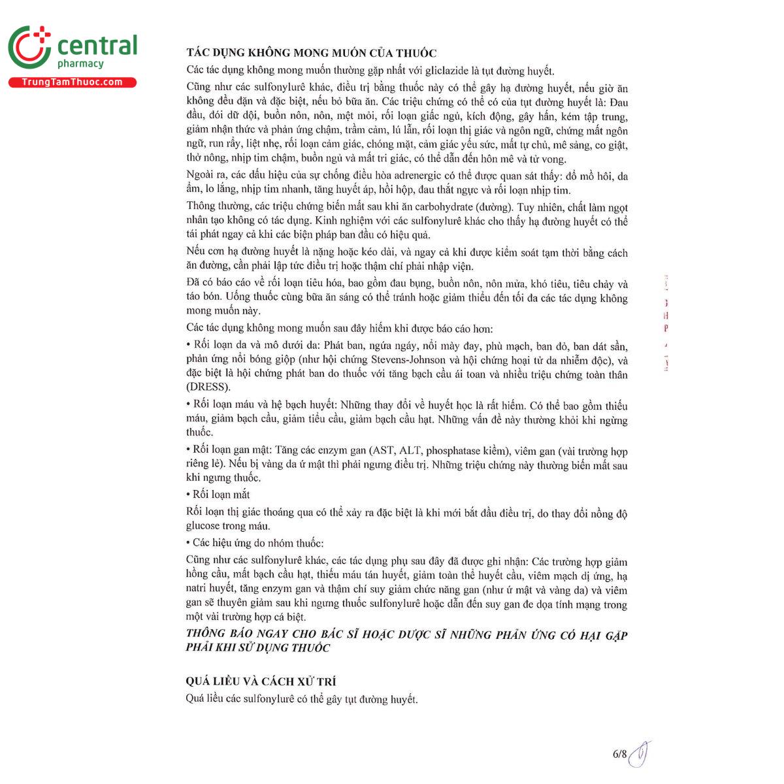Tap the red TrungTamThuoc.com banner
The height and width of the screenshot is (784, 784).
click(x=72, y=82)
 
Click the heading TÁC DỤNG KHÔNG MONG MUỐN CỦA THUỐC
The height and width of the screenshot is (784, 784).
click(x=311, y=54)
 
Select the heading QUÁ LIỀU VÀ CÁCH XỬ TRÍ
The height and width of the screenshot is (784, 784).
click(x=261, y=681)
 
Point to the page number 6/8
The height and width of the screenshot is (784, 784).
click(x=619, y=754)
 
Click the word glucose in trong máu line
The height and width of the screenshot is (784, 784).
click(x=203, y=526)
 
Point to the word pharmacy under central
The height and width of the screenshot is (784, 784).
click(x=80, y=64)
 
